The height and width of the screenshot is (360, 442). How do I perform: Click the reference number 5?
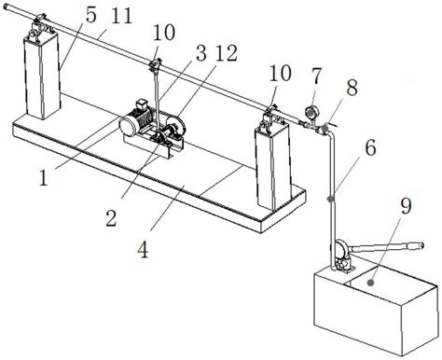pos(91,15)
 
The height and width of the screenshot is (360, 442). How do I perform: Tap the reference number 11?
pos(122,15)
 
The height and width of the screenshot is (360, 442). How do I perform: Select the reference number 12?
pos(227,53)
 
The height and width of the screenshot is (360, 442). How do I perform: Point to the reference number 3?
pos(200,53)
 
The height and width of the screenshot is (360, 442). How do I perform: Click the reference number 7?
pos(316,76)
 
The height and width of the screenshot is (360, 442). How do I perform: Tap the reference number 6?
pos(370,147)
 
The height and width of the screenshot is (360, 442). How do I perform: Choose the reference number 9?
pos(406,205)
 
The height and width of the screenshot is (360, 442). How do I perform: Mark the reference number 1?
pos(44,178)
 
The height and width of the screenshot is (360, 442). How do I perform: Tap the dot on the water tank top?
pos(370,283)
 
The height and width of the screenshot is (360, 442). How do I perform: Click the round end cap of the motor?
pos(130,126)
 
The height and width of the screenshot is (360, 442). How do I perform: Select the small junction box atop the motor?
pos(141,104)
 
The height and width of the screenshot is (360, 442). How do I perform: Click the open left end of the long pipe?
pos(7,7)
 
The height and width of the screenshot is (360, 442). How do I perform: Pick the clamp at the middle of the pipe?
pos(155,65)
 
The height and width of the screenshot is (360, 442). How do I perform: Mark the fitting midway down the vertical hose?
pos(331,198)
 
